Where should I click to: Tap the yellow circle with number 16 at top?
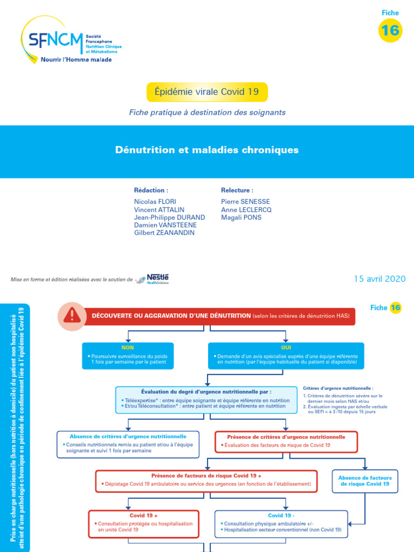390,31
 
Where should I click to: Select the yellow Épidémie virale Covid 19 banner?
207,92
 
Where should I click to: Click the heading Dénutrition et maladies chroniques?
207,150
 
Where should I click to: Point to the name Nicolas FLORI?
155,202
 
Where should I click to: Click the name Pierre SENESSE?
245,202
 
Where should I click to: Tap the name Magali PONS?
241,217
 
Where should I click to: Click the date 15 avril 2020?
379,279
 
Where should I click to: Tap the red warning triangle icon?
71,315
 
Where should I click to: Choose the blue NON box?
128,356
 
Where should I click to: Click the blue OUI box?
286,356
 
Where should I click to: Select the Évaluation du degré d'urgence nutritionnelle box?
206,399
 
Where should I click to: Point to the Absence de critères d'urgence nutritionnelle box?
128,444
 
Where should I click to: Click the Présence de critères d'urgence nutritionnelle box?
286,441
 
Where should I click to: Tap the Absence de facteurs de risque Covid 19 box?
365,481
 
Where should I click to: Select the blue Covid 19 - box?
281,523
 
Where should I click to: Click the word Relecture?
237,190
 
